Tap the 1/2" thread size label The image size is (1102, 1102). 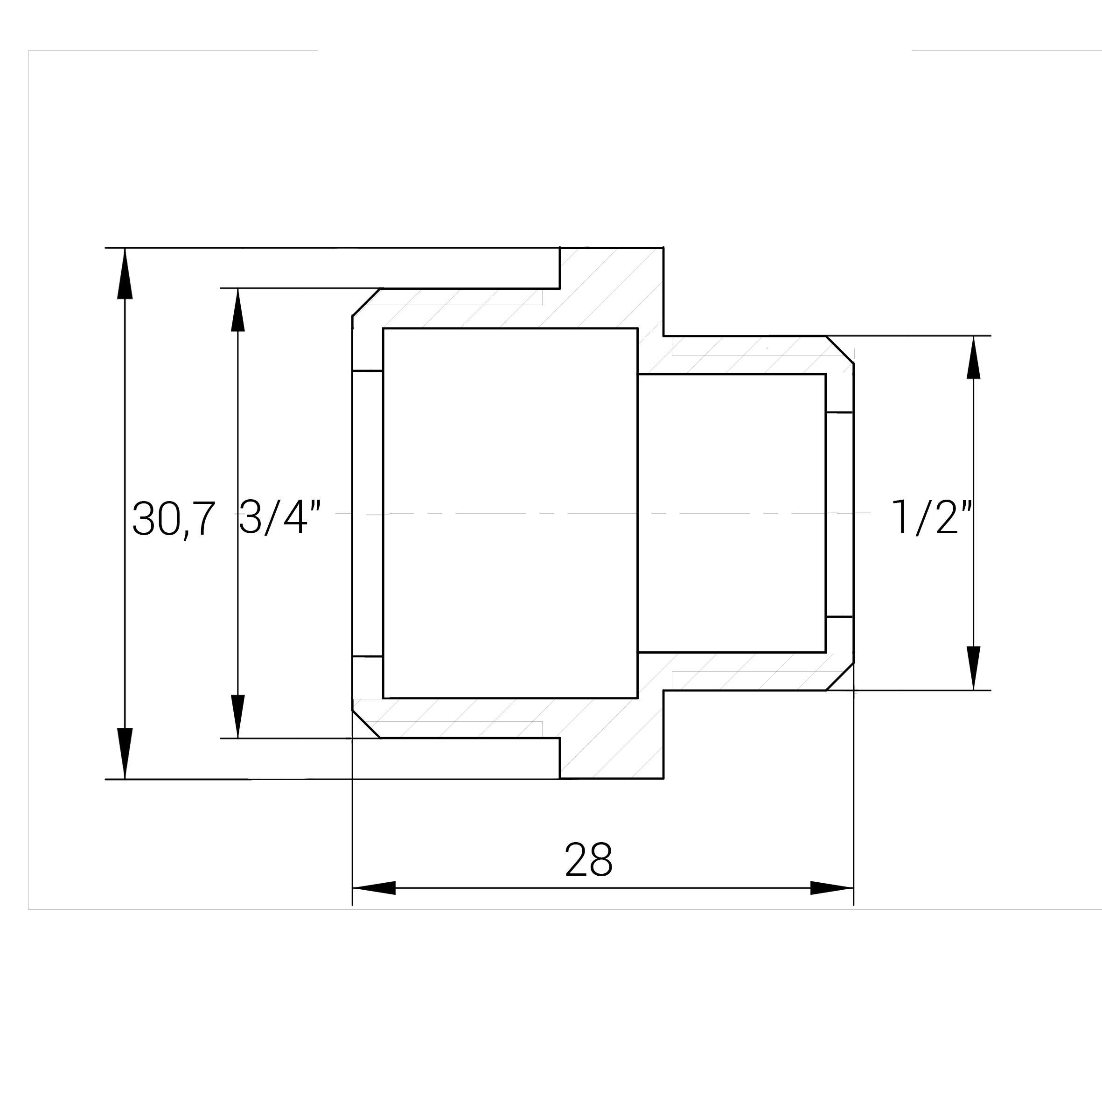[931, 517]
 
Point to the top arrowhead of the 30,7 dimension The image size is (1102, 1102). [125, 274]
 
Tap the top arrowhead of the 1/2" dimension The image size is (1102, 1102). [974, 358]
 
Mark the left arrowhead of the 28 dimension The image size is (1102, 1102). [374, 887]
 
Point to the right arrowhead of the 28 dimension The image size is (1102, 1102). [832, 887]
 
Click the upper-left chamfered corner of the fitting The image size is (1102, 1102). [366, 302]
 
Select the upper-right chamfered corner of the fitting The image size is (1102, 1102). [840, 349]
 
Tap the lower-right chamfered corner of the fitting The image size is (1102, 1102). [840, 677]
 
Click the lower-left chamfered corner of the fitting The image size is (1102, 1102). [366, 725]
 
